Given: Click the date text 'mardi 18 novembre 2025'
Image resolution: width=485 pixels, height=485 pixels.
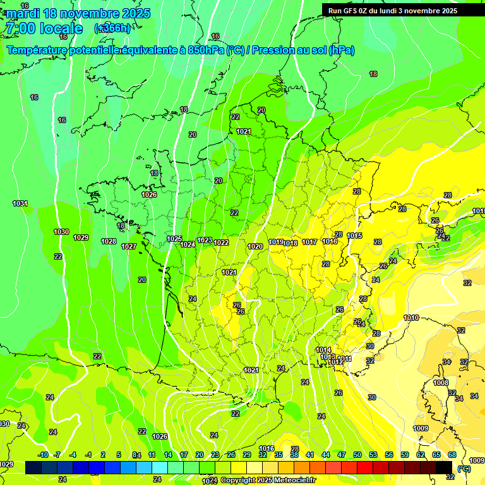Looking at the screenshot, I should [78, 13].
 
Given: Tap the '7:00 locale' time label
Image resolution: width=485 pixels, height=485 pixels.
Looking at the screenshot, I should [44, 28].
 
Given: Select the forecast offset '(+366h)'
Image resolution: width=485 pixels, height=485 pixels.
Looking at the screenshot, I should [112, 28].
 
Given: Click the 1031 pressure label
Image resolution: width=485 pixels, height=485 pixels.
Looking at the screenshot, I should [20, 203].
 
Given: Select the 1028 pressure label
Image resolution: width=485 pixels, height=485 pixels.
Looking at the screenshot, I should [109, 241].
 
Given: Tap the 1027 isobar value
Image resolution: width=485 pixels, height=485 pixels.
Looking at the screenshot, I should [129, 246].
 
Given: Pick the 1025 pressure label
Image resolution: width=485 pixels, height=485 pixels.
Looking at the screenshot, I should [175, 239].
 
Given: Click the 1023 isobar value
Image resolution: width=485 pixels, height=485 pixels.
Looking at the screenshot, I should [205, 240].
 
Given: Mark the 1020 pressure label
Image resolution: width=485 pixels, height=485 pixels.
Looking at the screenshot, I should [255, 246].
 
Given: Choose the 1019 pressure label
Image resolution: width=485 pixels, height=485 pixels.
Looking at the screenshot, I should [276, 242].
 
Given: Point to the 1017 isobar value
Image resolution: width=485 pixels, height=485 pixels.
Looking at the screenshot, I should [309, 242].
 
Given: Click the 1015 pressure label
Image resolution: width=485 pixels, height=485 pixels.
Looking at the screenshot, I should [354, 236].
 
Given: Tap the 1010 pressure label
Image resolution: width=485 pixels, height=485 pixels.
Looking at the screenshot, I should [411, 318].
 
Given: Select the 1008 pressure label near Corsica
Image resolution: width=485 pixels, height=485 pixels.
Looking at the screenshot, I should [441, 383].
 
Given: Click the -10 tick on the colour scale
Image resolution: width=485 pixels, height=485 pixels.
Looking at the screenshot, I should [43, 455].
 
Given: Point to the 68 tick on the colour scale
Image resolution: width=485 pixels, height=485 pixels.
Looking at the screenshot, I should [452, 455].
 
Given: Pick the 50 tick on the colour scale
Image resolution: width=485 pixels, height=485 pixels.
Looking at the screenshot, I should [357, 455].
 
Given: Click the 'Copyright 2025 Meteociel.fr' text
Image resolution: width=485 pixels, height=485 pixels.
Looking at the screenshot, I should [268, 480].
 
